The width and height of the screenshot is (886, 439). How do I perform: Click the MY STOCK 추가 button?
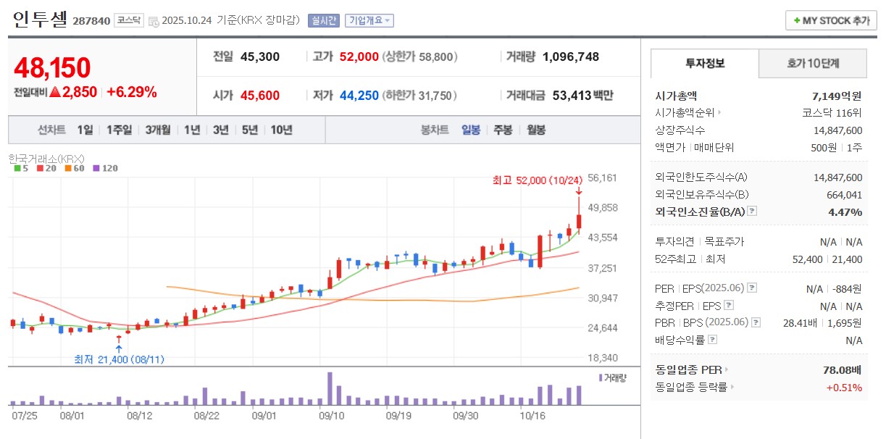click(x=831, y=20)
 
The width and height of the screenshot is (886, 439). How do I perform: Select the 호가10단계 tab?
click(x=813, y=64)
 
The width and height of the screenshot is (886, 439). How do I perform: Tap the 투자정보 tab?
click(x=705, y=64)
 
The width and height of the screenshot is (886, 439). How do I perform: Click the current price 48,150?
click(x=52, y=67)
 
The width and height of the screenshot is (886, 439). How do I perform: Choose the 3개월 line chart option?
click(x=157, y=130)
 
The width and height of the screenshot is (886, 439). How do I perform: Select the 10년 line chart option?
click(x=281, y=130)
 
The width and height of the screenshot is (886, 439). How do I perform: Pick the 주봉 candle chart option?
click(x=503, y=130)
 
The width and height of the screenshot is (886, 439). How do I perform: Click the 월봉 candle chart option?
click(x=536, y=130)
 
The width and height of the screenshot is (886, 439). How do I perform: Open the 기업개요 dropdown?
click(x=369, y=20)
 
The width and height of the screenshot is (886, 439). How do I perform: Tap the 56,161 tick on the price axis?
click(x=602, y=177)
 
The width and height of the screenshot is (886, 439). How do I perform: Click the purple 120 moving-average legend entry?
click(x=106, y=168)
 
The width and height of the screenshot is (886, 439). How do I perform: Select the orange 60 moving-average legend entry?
click(x=74, y=168)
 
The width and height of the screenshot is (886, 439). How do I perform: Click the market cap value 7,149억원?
click(x=837, y=96)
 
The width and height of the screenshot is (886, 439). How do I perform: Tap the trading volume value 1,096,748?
click(x=570, y=57)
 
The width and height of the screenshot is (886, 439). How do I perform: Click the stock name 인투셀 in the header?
click(x=39, y=20)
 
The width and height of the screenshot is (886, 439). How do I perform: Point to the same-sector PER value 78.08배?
click(x=843, y=370)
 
